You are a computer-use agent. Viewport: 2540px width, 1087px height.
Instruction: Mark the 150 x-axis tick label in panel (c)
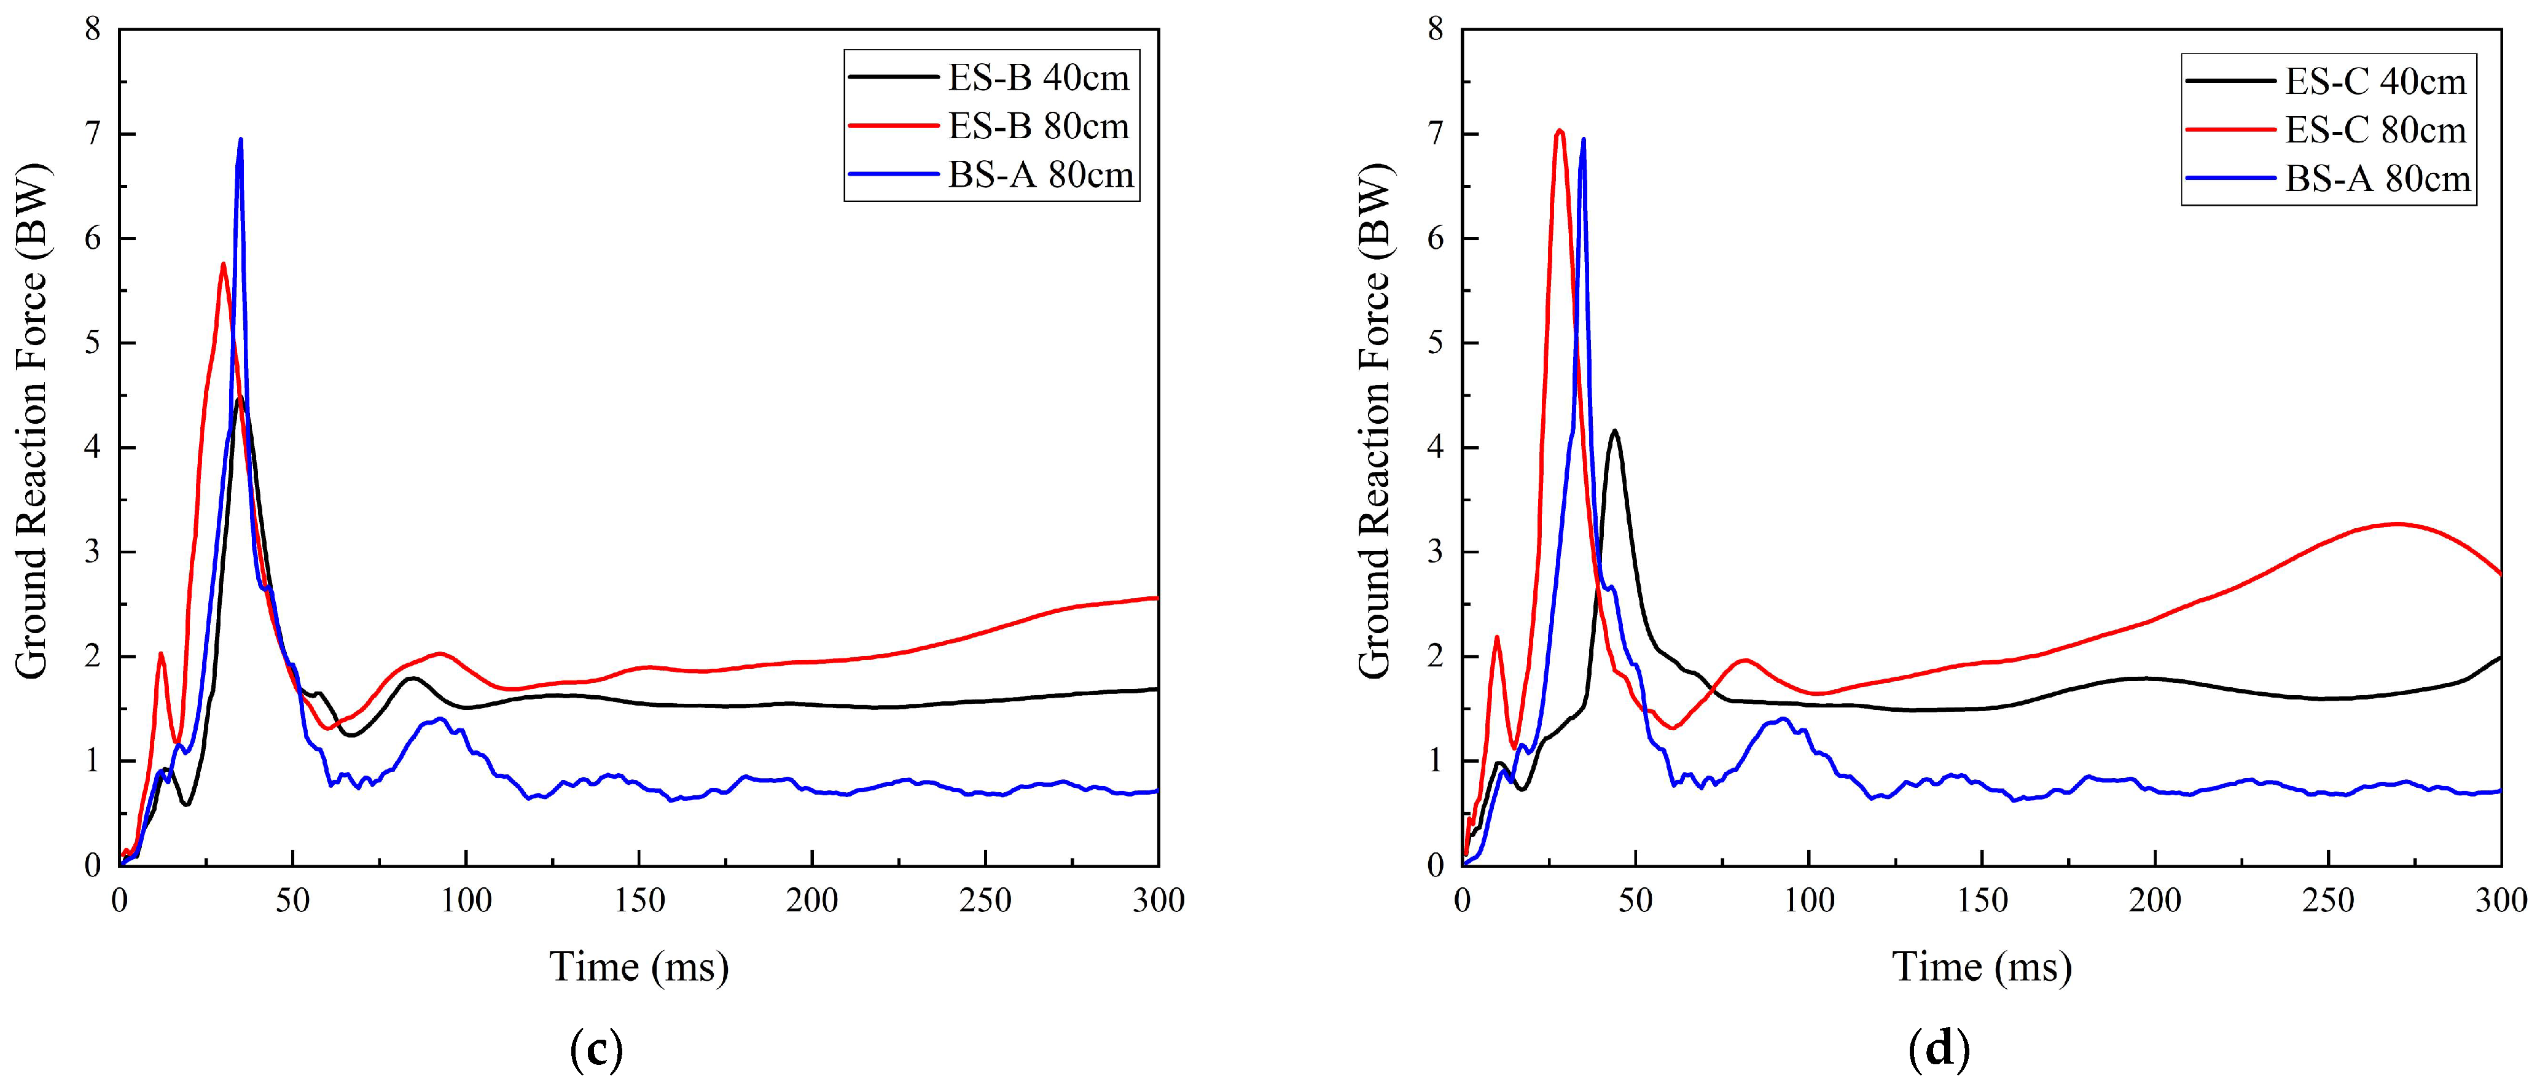pyautogui.click(x=639, y=901)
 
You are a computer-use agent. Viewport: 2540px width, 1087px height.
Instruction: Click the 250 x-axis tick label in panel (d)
pyautogui.click(x=2328, y=901)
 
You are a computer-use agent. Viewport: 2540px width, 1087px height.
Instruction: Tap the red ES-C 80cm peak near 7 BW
pyautogui.click(x=1559, y=130)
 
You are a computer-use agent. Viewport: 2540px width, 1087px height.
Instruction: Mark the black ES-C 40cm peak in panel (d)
pyautogui.click(x=1614, y=431)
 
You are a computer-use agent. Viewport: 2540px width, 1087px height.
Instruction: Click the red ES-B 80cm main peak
pyautogui.click(x=224, y=264)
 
